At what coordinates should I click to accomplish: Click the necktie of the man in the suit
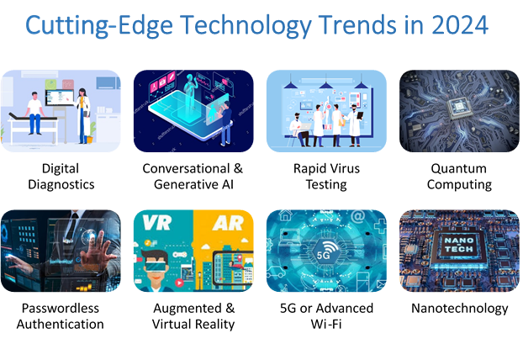tap(75, 224)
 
